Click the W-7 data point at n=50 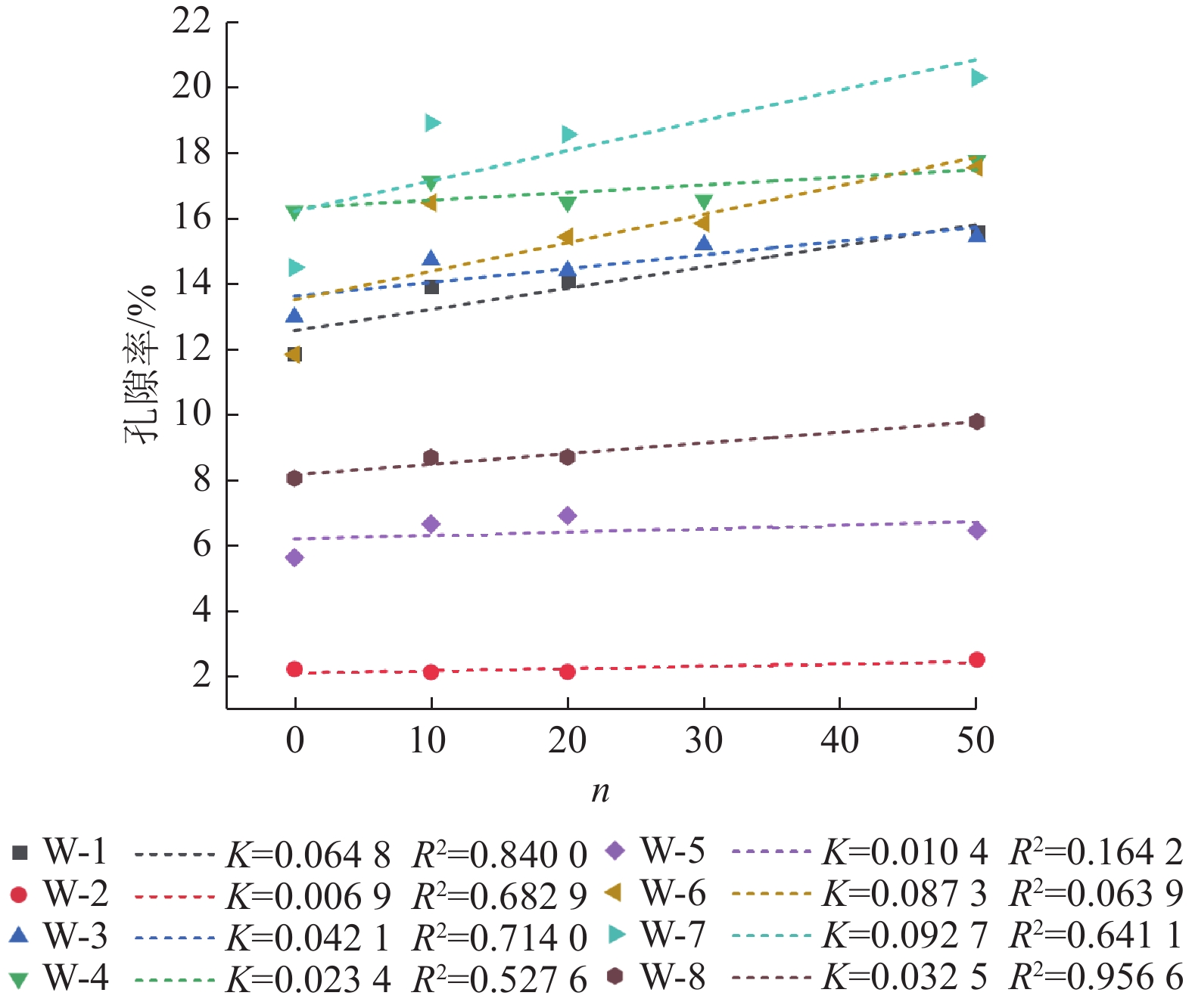pyautogui.click(x=978, y=78)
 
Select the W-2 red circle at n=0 pyautogui.click(x=295, y=669)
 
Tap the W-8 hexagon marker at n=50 pyautogui.click(x=977, y=422)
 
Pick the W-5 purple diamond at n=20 pyautogui.click(x=568, y=516)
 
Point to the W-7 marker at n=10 pyautogui.click(x=432, y=123)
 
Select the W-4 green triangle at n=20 pyautogui.click(x=568, y=203)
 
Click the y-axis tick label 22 pyautogui.click(x=191, y=21)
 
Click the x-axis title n pyautogui.click(x=600, y=791)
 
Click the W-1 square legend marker pyautogui.click(x=20, y=853)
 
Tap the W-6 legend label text pyautogui.click(x=673, y=894)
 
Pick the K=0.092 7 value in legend pyautogui.click(x=904, y=936)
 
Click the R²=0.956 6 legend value pyautogui.click(x=1096, y=978)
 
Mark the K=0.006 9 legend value pyautogui.click(x=308, y=897)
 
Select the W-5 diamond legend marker pyautogui.click(x=616, y=851)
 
